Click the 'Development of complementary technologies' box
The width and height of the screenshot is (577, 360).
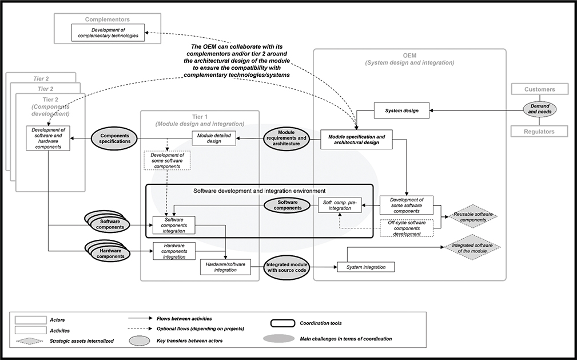(x=108, y=33)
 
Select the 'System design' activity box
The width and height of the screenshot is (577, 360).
(x=401, y=110)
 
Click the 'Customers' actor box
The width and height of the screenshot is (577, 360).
(x=540, y=89)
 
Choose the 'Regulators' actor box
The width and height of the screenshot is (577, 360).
(x=540, y=132)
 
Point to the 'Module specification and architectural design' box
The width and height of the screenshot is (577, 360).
(x=356, y=140)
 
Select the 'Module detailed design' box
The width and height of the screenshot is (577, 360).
(x=213, y=138)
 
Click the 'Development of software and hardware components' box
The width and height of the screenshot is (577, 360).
(x=48, y=139)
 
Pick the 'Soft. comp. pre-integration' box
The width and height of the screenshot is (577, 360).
(x=340, y=204)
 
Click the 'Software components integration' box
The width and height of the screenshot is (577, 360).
(x=174, y=225)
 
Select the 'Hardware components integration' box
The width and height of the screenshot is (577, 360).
(x=174, y=251)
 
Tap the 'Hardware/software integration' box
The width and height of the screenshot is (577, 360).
(x=225, y=267)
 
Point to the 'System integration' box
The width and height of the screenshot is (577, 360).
(x=366, y=267)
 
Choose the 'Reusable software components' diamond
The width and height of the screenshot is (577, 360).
(x=472, y=216)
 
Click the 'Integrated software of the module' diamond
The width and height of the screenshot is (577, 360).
(x=472, y=248)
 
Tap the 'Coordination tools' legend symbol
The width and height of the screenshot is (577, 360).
(x=281, y=323)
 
